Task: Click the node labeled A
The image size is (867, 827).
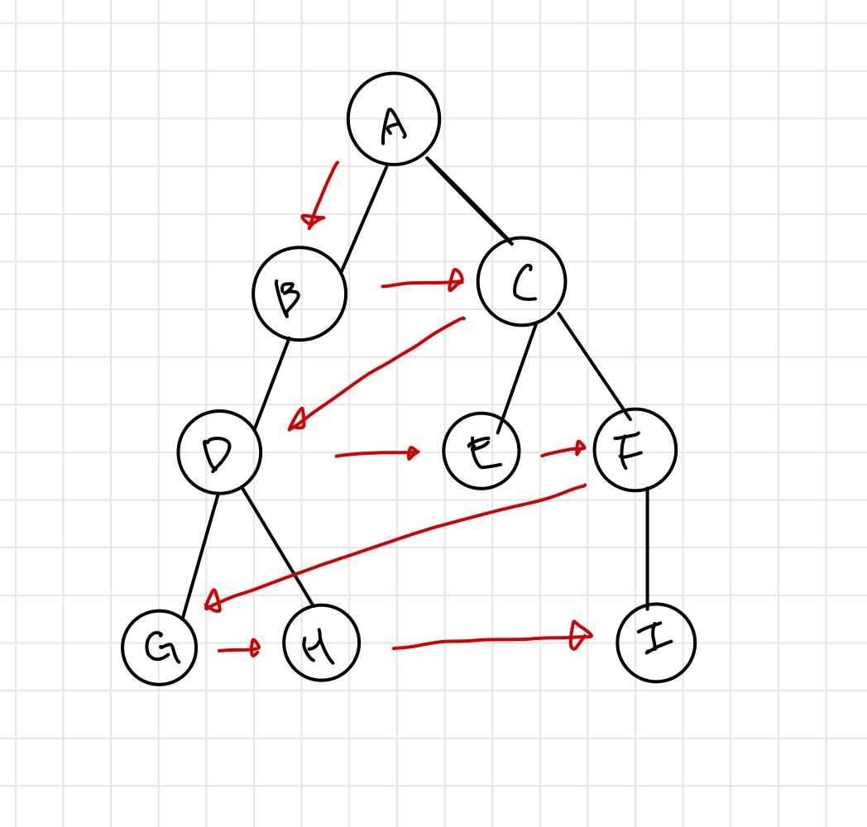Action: pos(394,119)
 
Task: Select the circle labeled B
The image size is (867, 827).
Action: pos(299,294)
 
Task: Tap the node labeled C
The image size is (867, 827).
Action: pos(522,282)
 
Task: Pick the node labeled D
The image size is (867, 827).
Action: pos(219,452)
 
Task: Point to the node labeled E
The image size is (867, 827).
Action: pos(481,452)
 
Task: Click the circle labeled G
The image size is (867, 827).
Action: pos(160,647)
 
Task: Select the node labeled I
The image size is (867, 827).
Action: pos(656,643)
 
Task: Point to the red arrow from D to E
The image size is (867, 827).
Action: pos(376,453)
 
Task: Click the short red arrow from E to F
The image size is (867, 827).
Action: pos(563,452)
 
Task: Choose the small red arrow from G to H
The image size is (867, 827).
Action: pos(239,650)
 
